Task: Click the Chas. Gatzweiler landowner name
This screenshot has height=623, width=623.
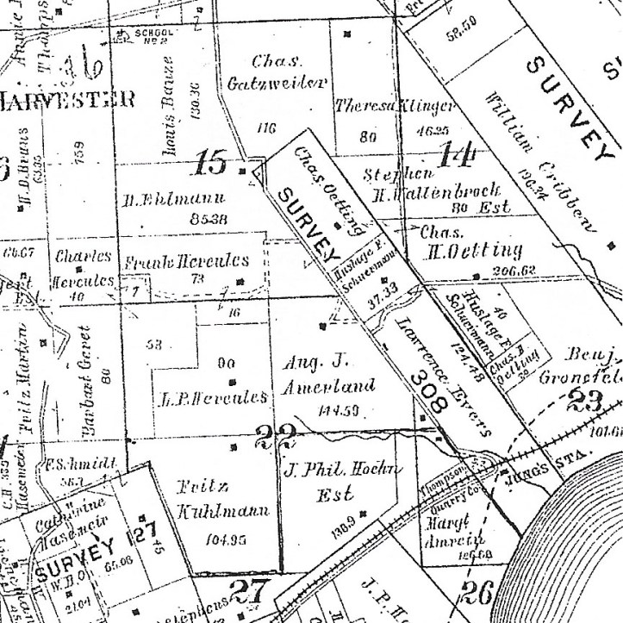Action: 277,72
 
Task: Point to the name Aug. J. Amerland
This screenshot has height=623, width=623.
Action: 330,375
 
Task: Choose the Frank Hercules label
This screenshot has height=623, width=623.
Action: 187,260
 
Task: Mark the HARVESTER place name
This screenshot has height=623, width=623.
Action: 67,99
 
